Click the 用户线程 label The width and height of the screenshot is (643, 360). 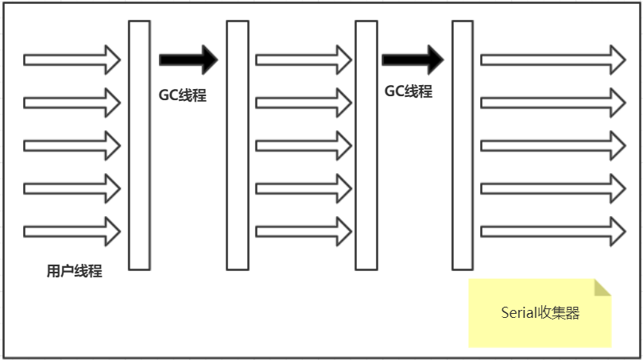pyautogui.click(x=74, y=272)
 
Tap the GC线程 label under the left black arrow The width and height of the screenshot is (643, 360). pyautogui.click(x=182, y=95)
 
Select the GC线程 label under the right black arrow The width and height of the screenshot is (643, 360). pyautogui.click(x=408, y=91)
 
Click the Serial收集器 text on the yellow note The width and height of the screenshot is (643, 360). pyautogui.click(x=540, y=313)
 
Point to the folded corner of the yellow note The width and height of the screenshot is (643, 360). pyautogui.click(x=602, y=287)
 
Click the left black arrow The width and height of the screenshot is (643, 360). pyautogui.click(x=188, y=59)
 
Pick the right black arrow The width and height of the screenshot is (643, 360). pyautogui.click(x=412, y=59)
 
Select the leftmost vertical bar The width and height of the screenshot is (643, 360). pyautogui.click(x=139, y=145)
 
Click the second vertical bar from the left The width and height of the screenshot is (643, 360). pyautogui.click(x=238, y=145)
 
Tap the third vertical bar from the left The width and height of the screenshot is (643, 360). pyautogui.click(x=366, y=145)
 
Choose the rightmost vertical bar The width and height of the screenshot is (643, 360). pyautogui.click(x=463, y=145)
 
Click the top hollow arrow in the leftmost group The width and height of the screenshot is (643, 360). pyautogui.click(x=72, y=60)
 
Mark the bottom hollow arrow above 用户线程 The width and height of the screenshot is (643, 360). pyautogui.click(x=72, y=231)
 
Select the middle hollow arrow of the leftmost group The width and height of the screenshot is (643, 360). pyautogui.click(x=72, y=145)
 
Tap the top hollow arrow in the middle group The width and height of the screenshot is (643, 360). pyautogui.click(x=303, y=60)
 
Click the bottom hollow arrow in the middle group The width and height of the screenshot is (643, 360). pyautogui.click(x=303, y=231)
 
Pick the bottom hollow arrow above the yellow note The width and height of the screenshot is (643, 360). pyautogui.click(x=552, y=231)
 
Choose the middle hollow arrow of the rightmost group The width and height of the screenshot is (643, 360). pyautogui.click(x=552, y=145)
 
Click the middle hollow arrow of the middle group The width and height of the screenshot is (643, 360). pyautogui.click(x=303, y=145)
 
